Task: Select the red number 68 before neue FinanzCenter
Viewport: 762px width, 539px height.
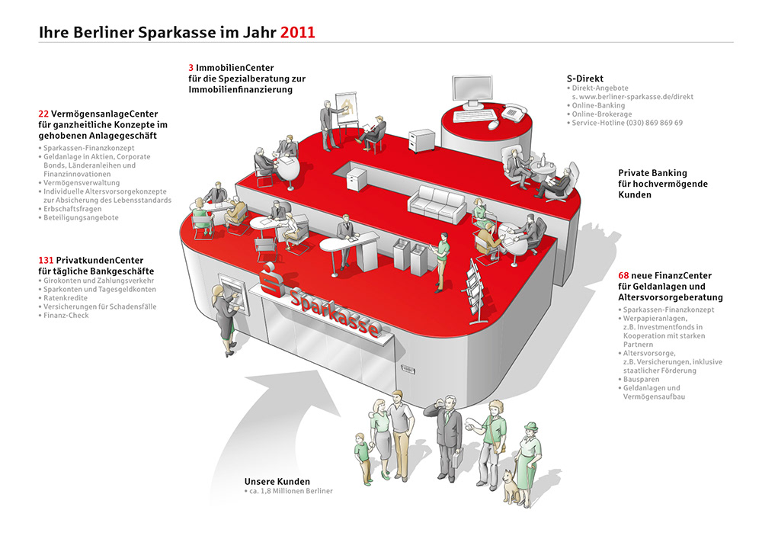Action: [x=625, y=275]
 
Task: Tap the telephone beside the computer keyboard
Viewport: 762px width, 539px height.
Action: [x=511, y=111]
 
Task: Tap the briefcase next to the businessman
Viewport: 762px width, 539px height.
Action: [x=458, y=459]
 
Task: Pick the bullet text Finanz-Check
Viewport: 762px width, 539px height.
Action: [x=67, y=316]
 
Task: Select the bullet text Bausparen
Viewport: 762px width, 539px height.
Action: [x=642, y=379]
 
